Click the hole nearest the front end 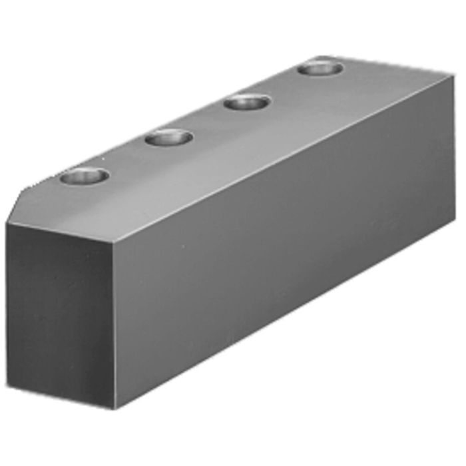click(84, 176)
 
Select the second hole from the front click(168, 138)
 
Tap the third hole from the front click(247, 103)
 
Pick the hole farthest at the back click(320, 68)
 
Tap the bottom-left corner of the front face click(8, 386)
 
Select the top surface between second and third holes click(208, 120)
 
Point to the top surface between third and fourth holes click(284, 85)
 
